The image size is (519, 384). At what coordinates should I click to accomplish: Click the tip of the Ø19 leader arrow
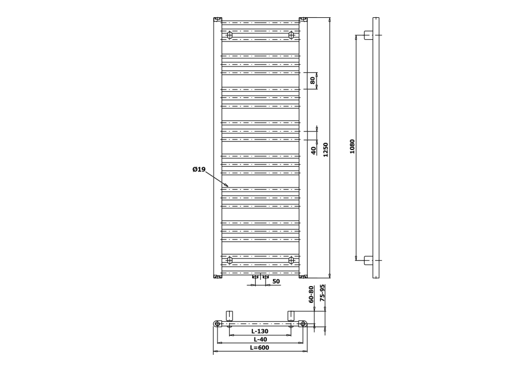[228, 186]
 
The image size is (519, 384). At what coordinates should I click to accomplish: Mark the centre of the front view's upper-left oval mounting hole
[229, 35]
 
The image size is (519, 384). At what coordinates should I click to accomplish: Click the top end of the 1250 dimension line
[329, 18]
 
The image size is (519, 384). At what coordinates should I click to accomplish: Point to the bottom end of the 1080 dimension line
[356, 260]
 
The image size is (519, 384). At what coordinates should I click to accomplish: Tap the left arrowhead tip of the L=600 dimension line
[214, 351]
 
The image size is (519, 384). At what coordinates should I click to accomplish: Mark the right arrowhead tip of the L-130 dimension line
[291, 335]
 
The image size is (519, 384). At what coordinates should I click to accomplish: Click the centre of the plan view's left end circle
[217, 324]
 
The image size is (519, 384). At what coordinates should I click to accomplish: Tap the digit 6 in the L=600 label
[258, 348]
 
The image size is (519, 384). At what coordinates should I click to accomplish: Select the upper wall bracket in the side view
[369, 35]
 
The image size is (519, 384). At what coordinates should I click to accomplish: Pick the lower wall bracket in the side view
[369, 260]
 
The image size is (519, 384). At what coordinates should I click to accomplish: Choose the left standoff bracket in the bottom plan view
[230, 316]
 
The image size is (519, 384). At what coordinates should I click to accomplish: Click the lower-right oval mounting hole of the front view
[291, 260]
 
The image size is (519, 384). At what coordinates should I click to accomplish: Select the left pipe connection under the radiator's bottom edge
[255, 277]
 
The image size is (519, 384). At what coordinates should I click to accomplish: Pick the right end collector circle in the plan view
[303, 324]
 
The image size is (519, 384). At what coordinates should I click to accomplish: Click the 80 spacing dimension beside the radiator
[313, 81]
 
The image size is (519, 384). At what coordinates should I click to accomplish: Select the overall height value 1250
[325, 149]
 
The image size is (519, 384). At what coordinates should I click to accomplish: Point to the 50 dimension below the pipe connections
[276, 282]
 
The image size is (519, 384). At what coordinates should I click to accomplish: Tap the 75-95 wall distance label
[323, 293]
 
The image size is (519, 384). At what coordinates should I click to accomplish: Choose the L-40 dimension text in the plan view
[260, 339]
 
